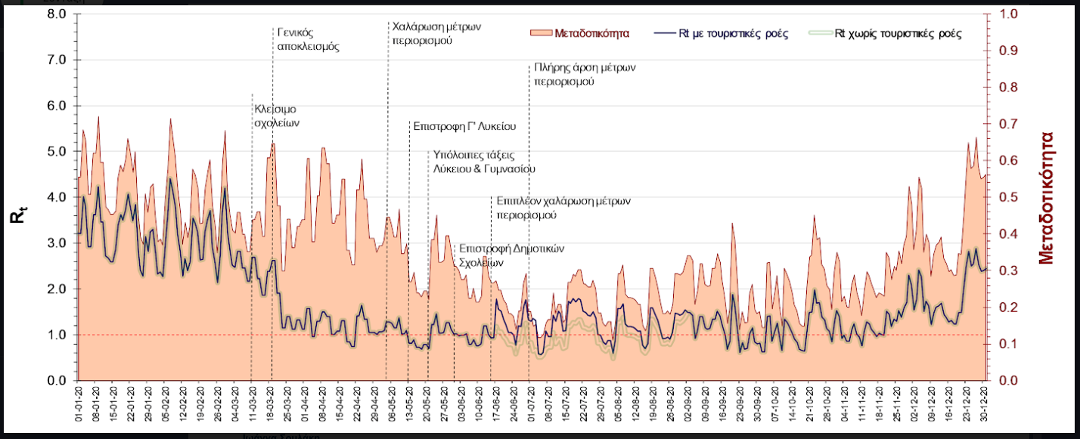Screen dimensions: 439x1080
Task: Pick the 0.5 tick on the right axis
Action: [1008, 197]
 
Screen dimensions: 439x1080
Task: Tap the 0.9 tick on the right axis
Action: [1008, 51]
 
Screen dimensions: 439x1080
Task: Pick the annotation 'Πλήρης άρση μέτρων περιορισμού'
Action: [584, 73]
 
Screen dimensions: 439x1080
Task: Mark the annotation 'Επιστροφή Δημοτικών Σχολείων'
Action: [511, 255]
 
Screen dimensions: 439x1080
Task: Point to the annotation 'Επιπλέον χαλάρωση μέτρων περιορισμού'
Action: [563, 208]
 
